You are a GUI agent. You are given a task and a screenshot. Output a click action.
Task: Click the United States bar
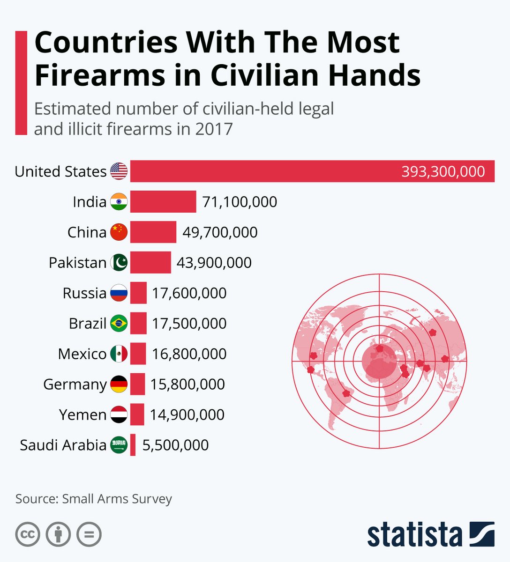tap(262, 171)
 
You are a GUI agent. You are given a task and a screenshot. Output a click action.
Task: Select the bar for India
tap(163, 202)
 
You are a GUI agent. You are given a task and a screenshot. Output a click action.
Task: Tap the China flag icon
tap(119, 232)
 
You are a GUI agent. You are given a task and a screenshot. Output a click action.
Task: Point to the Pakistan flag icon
tap(119, 263)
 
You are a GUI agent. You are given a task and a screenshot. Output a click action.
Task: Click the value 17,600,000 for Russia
tap(189, 293)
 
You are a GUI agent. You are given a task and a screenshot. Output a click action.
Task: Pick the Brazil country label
tap(88, 324)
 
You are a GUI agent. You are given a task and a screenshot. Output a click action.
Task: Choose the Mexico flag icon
tap(119, 354)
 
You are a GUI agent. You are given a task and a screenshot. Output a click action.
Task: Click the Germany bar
tap(137, 385)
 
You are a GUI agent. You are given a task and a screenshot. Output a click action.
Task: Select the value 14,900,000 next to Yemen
tap(187, 415)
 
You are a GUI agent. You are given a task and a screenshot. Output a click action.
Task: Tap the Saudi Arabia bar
tap(133, 445)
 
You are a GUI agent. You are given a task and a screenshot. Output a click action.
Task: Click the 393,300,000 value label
tap(443, 171)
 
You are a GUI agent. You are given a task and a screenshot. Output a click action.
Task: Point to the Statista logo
tap(430, 534)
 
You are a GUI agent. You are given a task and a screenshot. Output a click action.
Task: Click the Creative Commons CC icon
tap(28, 534)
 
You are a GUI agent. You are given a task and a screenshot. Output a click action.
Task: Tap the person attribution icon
tap(58, 534)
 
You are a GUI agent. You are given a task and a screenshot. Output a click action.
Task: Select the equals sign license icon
tap(89, 534)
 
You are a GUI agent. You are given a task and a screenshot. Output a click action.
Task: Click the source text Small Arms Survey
tap(117, 499)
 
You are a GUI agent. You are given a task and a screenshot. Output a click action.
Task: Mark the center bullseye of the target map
tap(379, 361)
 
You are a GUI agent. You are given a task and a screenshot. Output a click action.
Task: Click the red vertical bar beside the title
tap(21, 83)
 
